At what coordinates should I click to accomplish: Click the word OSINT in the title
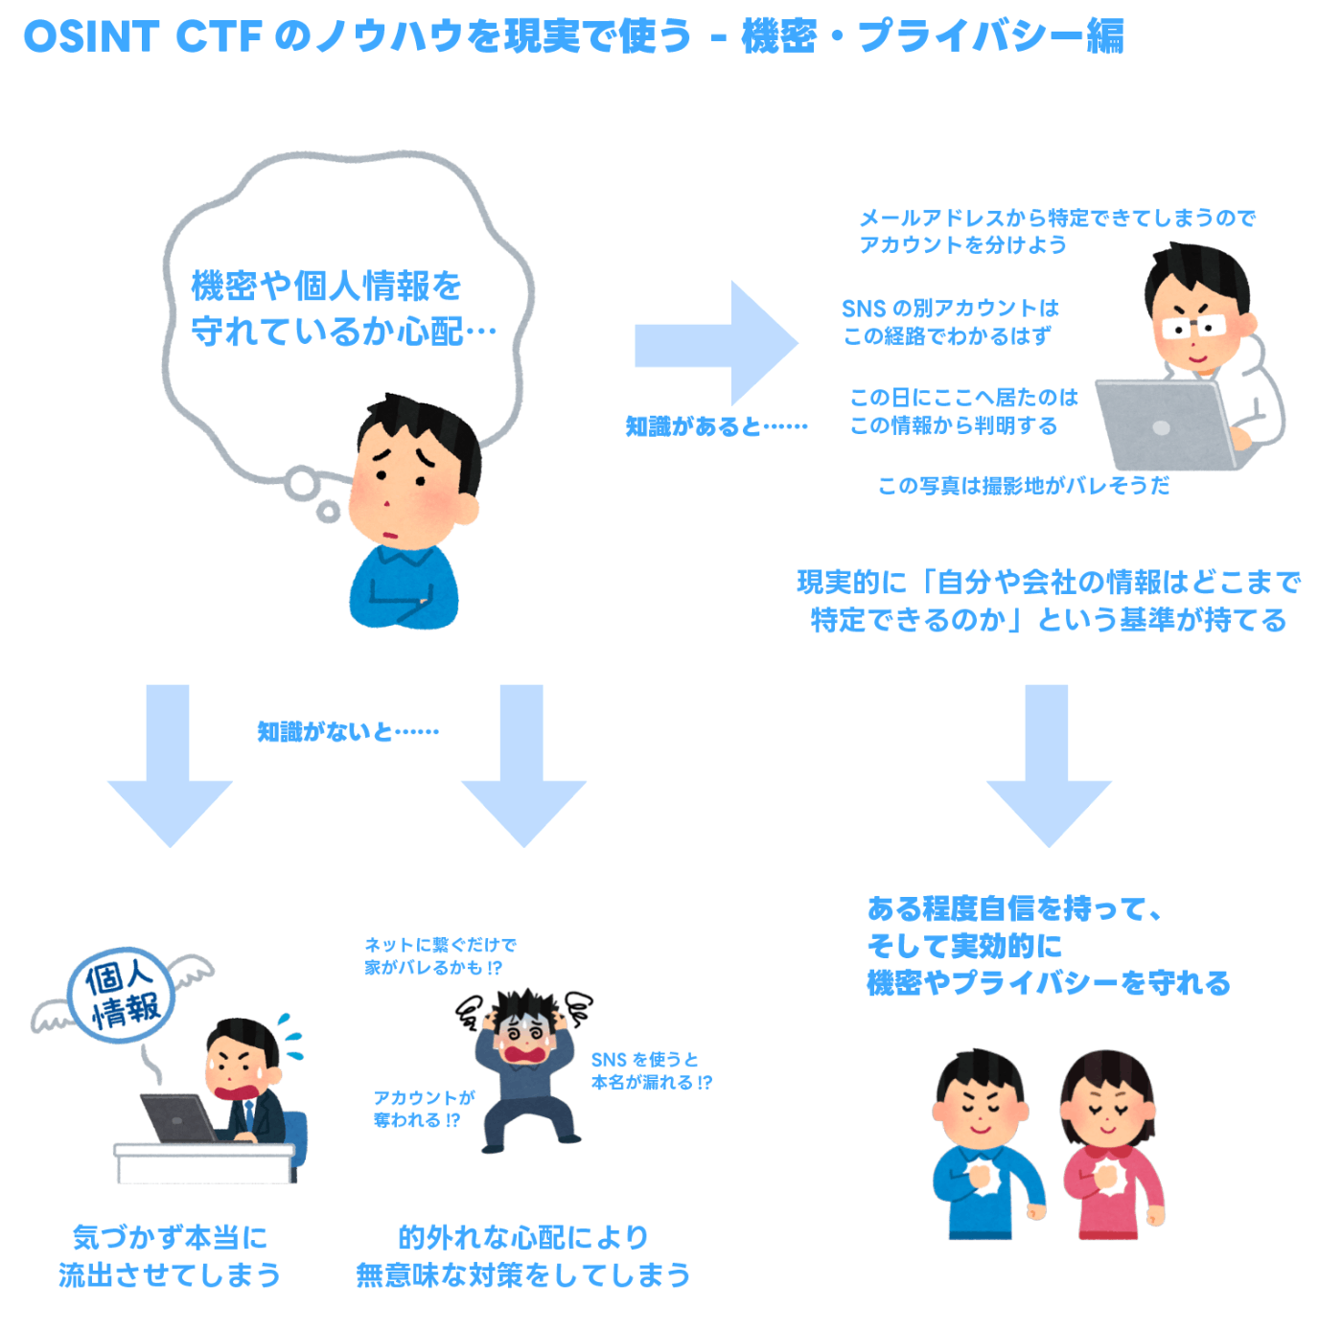click(91, 36)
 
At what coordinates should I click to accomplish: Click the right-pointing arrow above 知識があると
click(716, 344)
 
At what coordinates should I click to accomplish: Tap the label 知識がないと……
click(347, 732)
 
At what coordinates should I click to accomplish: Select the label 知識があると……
click(716, 426)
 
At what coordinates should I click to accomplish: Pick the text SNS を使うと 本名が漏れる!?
click(651, 1071)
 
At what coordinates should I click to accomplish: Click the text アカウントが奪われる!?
click(423, 1109)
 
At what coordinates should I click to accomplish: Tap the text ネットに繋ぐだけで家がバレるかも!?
click(439, 956)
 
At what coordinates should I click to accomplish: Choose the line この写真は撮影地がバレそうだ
click(1023, 486)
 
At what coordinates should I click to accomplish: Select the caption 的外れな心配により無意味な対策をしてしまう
click(523, 1256)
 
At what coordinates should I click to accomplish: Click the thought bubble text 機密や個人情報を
click(326, 286)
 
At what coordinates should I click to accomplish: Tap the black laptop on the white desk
click(178, 1118)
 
